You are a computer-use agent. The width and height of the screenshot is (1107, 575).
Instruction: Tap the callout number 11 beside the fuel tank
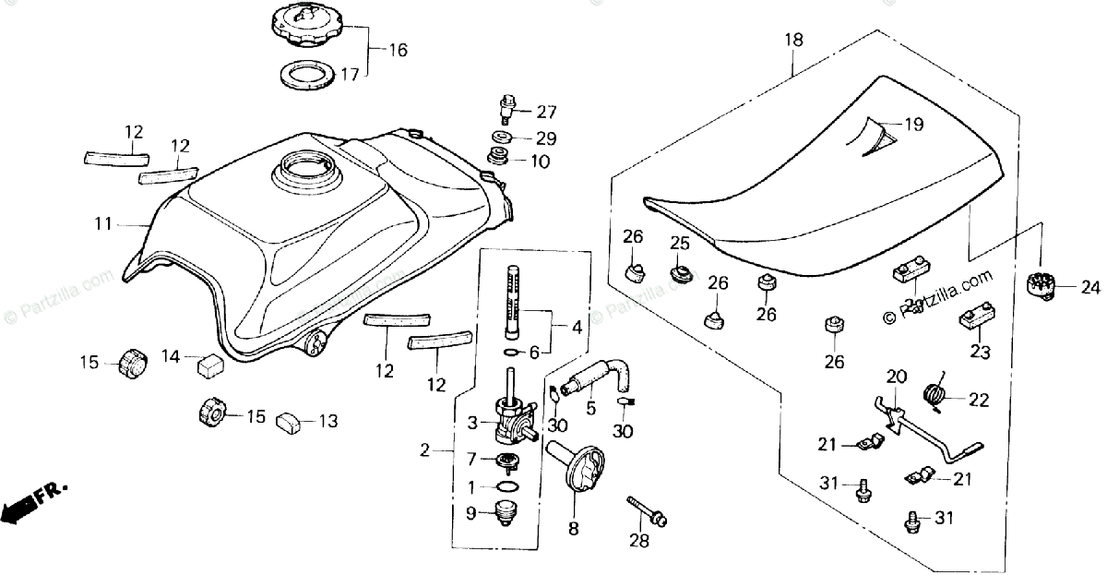click(102, 222)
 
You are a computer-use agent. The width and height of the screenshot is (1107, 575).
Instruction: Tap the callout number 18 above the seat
click(794, 41)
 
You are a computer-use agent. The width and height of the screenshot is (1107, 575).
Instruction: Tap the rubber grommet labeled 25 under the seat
click(680, 275)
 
